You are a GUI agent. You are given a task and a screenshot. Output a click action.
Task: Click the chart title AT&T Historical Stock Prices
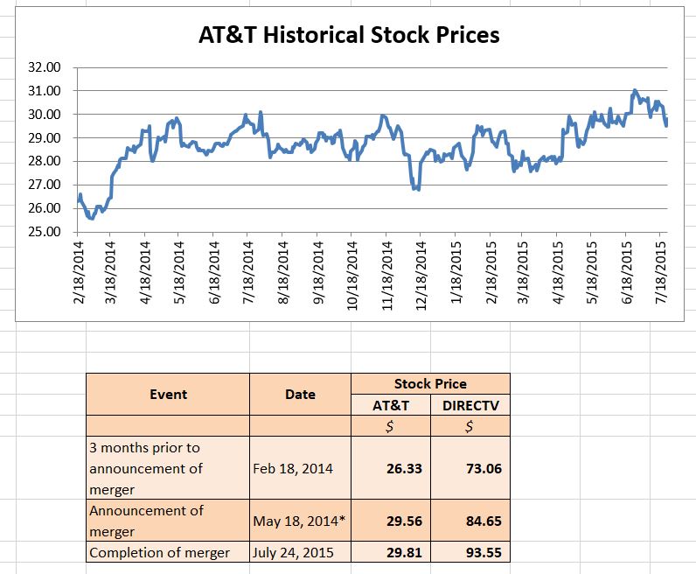point(348,35)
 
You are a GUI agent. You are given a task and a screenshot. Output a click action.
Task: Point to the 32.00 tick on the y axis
point(45,67)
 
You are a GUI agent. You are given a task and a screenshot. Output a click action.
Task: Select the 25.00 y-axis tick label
point(45,233)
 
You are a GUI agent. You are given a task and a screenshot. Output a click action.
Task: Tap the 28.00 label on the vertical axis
point(45,162)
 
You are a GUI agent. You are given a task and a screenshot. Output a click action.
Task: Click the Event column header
point(168,394)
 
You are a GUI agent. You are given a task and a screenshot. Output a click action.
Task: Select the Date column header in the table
point(300,394)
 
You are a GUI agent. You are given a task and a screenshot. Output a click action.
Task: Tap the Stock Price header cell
point(430,383)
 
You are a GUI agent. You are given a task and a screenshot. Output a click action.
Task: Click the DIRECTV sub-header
point(470,405)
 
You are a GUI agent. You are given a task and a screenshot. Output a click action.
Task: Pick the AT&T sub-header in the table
point(391,405)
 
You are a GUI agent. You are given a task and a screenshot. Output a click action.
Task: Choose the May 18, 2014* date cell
point(299,521)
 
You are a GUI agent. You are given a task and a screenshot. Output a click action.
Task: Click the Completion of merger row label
point(160,552)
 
